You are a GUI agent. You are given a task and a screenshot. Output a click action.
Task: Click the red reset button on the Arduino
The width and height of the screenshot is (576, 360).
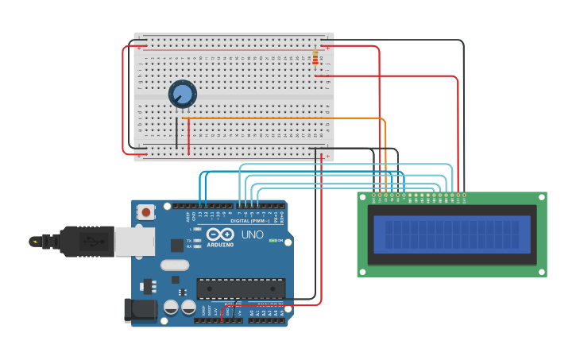146,212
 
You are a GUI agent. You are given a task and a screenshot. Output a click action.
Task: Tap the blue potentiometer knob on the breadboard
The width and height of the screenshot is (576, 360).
183,95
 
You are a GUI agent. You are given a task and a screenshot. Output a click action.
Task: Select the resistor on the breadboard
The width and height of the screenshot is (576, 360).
315,59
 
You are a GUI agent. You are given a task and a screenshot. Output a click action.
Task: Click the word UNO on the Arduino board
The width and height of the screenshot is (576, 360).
252,235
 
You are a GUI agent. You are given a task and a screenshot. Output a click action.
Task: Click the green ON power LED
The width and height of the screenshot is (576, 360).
273,240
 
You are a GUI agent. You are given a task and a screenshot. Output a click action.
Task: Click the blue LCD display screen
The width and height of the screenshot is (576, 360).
452,235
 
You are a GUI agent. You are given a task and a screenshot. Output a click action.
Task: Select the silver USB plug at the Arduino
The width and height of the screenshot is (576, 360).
134,242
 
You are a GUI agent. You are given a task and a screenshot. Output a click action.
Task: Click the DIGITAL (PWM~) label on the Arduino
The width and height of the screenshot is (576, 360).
249,220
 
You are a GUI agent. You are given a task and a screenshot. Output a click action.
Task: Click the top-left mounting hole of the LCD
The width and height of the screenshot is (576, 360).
362,197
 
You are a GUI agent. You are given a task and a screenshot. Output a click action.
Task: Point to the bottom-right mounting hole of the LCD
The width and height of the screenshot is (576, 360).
542,271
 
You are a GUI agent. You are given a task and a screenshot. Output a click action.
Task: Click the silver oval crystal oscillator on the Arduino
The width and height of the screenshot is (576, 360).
175,265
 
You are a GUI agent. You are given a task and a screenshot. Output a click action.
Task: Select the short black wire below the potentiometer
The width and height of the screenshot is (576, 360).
177,133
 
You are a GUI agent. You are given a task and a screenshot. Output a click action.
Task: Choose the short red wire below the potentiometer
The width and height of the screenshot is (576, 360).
188,136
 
